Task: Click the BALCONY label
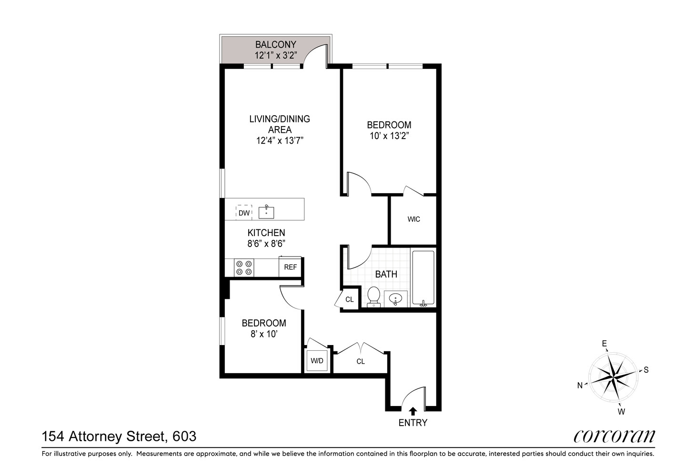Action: (275, 45)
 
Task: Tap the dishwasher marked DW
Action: (244, 213)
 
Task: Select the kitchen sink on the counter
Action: (266, 212)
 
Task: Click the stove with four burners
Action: (244, 268)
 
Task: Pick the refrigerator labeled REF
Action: (290, 267)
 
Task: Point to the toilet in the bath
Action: (373, 296)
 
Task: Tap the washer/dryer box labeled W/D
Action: (317, 361)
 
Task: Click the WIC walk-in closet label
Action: (413, 219)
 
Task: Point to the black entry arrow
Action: (412, 411)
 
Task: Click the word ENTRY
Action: (412, 423)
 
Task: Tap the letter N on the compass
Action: (580, 386)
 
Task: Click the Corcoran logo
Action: (614, 436)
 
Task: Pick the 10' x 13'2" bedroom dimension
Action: (389, 136)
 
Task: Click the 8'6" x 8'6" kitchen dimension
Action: (266, 244)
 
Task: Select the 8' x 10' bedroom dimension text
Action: (263, 334)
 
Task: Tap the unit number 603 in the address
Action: (184, 436)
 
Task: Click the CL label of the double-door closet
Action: (361, 362)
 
